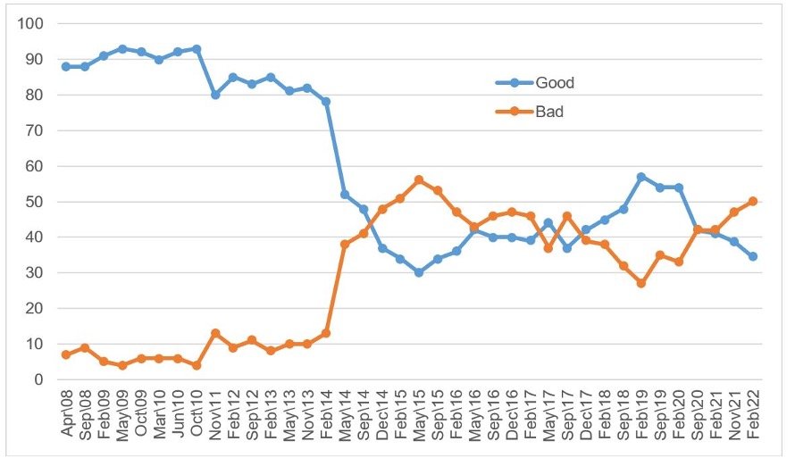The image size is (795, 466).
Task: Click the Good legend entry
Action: point(554,83)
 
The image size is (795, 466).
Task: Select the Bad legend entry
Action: point(549,113)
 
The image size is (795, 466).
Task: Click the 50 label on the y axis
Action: point(35,202)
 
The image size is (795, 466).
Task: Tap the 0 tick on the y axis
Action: point(38,379)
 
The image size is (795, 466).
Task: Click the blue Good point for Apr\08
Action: point(65,66)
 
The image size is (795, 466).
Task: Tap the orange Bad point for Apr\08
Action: point(65,354)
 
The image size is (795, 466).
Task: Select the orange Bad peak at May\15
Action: point(418,180)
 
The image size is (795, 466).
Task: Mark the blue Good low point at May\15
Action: point(418,272)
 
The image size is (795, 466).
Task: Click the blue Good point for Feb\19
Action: point(641,177)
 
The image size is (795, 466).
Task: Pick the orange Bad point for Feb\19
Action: point(641,283)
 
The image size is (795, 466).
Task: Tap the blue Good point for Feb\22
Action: point(753,256)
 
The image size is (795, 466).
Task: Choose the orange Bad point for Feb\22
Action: point(753,201)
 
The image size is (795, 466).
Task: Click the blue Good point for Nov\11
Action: point(214,95)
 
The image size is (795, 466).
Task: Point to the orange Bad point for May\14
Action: point(344,244)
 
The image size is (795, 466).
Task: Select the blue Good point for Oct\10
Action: point(196,48)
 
